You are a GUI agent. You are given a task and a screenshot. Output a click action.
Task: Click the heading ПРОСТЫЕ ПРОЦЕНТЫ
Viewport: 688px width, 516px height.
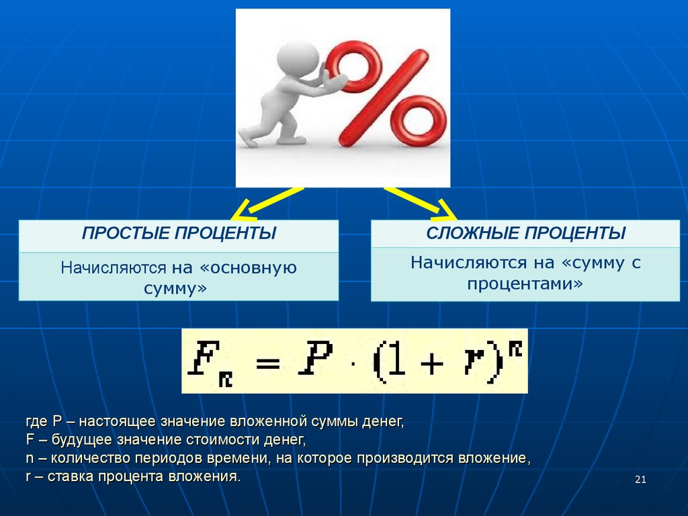pos(179,233)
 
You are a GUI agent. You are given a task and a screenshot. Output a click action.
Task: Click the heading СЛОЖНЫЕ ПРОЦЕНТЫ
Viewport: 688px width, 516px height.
pos(525,233)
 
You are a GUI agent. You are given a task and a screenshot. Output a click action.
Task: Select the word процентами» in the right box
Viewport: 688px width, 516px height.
pos(525,284)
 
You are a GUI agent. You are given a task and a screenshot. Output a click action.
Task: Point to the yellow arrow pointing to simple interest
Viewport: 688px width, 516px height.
pos(267,204)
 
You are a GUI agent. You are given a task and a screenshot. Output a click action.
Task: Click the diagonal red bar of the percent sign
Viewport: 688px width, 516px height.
pos(384,98)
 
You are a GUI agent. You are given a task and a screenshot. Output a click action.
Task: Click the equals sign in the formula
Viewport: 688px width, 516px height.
pos(267,363)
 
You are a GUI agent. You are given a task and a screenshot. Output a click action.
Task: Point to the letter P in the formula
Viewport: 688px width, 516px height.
pos(316,358)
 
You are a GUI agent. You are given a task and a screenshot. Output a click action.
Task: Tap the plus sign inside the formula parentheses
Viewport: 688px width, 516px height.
pos(431,363)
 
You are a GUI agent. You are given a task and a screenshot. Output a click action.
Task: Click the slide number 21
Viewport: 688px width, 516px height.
pos(640,480)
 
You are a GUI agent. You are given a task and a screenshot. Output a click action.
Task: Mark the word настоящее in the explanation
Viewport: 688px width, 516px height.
pos(117,422)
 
